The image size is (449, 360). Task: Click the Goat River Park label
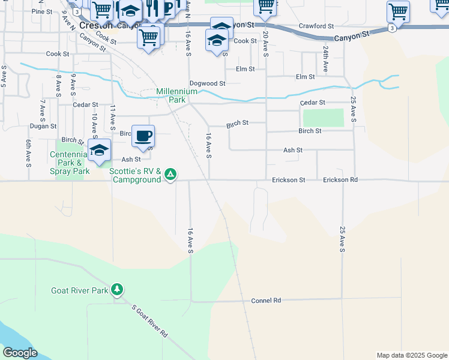tap(83, 291)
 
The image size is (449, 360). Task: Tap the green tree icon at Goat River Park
tap(118, 290)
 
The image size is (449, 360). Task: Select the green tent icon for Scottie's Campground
tap(170, 175)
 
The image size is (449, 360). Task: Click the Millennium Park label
tap(176, 95)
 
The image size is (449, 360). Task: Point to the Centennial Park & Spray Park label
tap(70, 163)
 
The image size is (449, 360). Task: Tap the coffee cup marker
tap(143, 136)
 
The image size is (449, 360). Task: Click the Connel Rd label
tap(266, 300)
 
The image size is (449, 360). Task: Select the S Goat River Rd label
tap(150, 323)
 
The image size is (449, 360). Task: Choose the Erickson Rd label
tap(340, 179)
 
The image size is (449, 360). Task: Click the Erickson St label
tap(289, 179)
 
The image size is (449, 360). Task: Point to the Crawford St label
tap(316, 26)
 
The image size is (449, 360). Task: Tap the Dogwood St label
tap(207, 83)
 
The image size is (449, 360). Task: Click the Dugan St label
tap(44, 127)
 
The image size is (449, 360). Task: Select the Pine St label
tap(42, 11)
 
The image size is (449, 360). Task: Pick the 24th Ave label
tap(325, 59)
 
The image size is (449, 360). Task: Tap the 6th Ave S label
tap(28, 152)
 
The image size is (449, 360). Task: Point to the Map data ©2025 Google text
tap(411, 355)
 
